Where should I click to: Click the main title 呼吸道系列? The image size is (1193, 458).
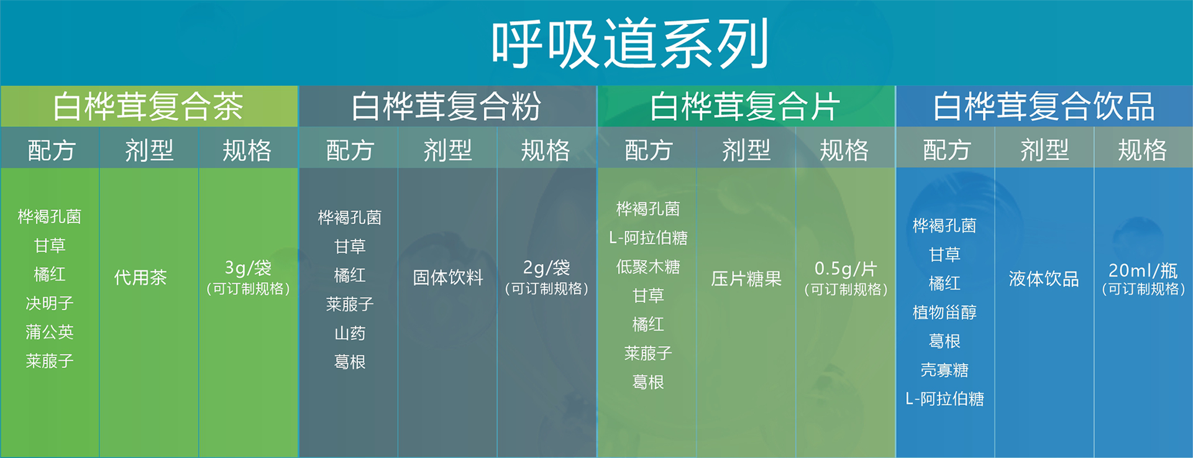pyautogui.click(x=630, y=44)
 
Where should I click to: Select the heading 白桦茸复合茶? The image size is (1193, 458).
pyautogui.click(x=148, y=106)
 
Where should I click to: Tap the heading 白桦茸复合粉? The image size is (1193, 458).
pyautogui.click(x=446, y=106)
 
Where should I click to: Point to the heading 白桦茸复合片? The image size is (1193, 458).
pyautogui.click(x=745, y=106)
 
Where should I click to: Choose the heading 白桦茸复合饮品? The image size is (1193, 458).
pyautogui.click(x=1044, y=106)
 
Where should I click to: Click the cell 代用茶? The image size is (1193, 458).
pyautogui.click(x=140, y=277)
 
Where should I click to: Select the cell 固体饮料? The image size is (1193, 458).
pyautogui.click(x=448, y=277)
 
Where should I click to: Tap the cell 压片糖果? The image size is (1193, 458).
pyautogui.click(x=746, y=278)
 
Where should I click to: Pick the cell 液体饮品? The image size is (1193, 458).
pyautogui.click(x=1044, y=278)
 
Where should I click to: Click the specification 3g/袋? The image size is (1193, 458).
pyautogui.click(x=248, y=268)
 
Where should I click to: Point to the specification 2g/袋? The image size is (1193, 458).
pyautogui.click(x=546, y=268)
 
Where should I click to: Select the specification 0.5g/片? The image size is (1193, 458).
pyautogui.click(x=846, y=269)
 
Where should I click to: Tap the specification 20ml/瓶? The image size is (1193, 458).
pyautogui.click(x=1143, y=270)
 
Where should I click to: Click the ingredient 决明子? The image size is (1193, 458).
pyautogui.click(x=50, y=303)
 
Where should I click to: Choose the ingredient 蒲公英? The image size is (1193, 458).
pyautogui.click(x=50, y=332)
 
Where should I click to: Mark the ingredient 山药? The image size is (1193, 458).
pyautogui.click(x=350, y=333)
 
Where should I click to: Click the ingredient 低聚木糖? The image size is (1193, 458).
pyautogui.click(x=648, y=267)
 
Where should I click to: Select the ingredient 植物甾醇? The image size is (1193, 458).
pyautogui.click(x=944, y=312)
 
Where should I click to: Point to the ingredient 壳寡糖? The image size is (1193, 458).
pyautogui.click(x=944, y=370)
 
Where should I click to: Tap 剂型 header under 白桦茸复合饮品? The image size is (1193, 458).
pyautogui.click(x=1044, y=150)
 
